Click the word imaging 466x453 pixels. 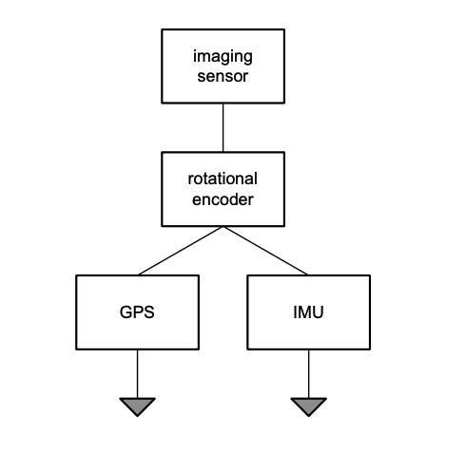tap(223, 57)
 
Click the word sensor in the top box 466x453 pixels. tap(223, 76)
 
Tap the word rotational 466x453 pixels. tap(223, 179)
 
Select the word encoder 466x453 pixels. tap(223, 199)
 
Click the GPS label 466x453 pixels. tap(137, 312)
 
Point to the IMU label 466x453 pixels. tap(308, 312)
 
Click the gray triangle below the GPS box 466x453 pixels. tap(137, 406)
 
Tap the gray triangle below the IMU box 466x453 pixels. tap(308, 406)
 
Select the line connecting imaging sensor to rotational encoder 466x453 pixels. tap(223, 127)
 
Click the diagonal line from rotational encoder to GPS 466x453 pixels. tap(181, 251)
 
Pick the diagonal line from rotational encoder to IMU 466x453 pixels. tap(265, 251)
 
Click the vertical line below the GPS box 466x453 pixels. tap(137, 373)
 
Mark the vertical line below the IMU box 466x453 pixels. tap(308, 373)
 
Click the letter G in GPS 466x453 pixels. tap(126, 312)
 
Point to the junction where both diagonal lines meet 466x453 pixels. tap(223, 227)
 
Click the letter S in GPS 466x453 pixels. tap(149, 312)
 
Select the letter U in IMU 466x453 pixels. tap(318, 312)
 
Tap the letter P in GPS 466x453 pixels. tap(138, 312)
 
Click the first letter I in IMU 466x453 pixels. tap(295, 312)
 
